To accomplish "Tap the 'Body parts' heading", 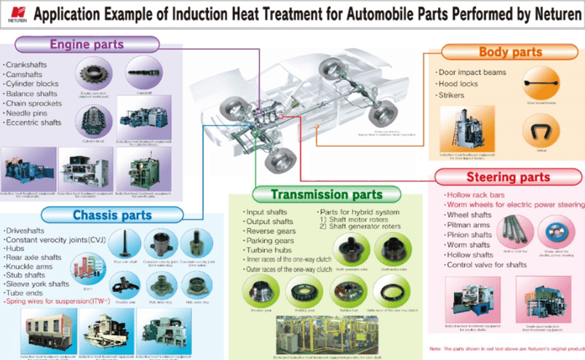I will click(510, 52).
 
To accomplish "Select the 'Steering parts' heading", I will click(508, 177).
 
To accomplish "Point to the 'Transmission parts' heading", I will click(326, 194).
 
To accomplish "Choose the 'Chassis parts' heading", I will click(112, 215).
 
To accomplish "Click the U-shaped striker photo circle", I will click(540, 132).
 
